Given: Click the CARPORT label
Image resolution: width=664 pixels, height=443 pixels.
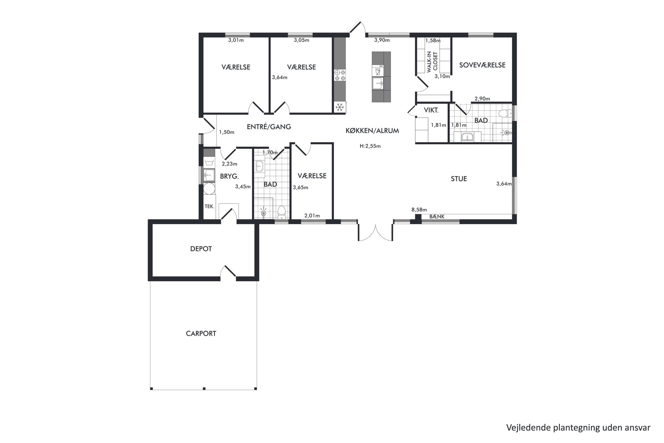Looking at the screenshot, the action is (x=201, y=334).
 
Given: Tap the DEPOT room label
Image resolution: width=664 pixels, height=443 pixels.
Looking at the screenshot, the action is (x=201, y=249).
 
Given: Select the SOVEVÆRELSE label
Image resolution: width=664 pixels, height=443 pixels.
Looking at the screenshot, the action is (x=482, y=65).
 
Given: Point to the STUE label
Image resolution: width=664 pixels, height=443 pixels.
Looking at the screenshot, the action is (x=459, y=179).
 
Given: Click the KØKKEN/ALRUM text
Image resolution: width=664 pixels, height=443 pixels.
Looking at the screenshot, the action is (x=372, y=131).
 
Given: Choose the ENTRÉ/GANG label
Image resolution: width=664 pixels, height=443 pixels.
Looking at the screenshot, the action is (x=269, y=127).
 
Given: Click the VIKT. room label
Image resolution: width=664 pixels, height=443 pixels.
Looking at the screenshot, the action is (x=431, y=110).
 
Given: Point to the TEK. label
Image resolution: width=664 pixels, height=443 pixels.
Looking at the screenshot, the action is (x=210, y=207).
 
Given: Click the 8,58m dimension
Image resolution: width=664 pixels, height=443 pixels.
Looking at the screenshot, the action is (x=419, y=210).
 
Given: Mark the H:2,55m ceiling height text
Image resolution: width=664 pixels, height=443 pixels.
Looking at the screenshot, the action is (x=370, y=146).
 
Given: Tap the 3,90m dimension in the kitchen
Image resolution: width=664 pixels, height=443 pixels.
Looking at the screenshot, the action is (x=382, y=40).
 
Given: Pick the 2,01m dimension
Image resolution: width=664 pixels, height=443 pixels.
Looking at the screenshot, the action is (x=312, y=216).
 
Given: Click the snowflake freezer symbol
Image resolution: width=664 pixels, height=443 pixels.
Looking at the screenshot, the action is (x=340, y=107).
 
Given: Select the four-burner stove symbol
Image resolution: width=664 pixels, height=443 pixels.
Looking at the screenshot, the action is (x=340, y=75).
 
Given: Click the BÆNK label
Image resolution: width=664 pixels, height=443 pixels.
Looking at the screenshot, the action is (x=437, y=217).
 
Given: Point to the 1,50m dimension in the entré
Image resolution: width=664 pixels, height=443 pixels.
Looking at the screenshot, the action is (x=227, y=132).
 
